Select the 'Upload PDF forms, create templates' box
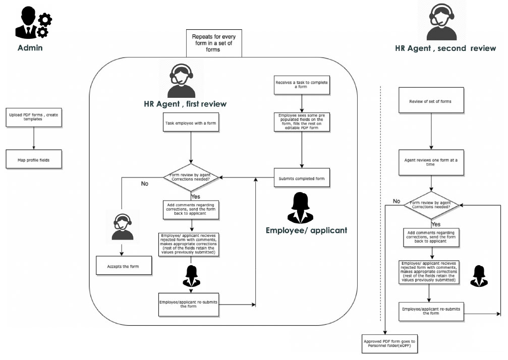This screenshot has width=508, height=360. tap(33, 116)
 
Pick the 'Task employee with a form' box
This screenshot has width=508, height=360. tap(191, 123)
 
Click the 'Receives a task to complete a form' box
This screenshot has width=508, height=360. tap(302, 84)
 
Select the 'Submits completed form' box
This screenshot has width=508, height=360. tap(302, 178)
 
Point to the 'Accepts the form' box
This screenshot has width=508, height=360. tap(124, 266)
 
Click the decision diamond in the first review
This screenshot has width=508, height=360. tap(191, 177)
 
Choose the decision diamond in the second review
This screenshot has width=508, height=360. tap(431, 205)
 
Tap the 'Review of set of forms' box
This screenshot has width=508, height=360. tap(431, 101)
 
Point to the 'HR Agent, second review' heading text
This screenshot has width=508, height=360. tap(445, 48)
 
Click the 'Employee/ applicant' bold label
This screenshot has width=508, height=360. tap(306, 230)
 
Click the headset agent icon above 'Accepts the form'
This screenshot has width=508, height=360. tap(123, 227)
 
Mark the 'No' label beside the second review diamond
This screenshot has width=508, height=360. tap(397, 201)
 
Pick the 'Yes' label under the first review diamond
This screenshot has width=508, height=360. tap(196, 196)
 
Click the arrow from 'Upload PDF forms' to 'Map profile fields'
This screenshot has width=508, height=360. tap(33, 138)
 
